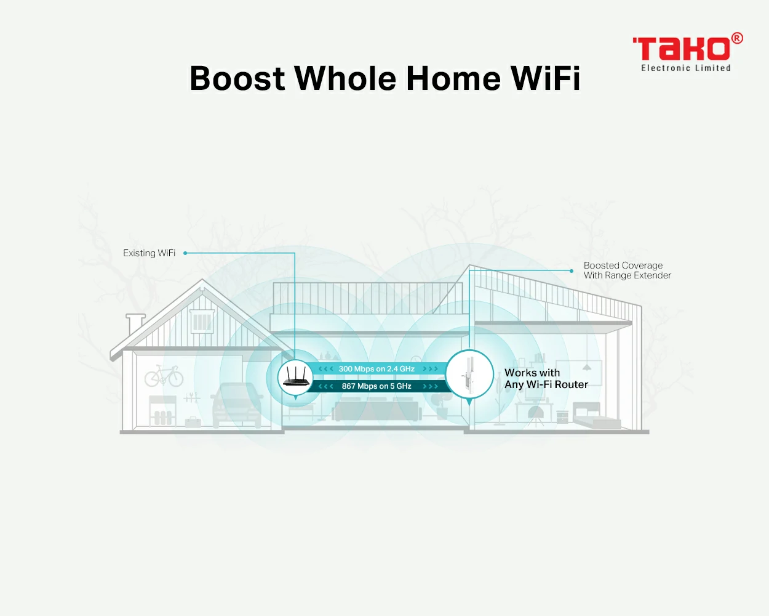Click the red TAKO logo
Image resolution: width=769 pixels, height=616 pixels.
[x=682, y=48]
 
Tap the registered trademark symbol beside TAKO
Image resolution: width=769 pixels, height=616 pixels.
[x=737, y=38]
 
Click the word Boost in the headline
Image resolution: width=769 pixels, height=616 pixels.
[x=237, y=78]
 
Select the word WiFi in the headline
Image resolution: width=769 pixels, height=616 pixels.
[x=545, y=78]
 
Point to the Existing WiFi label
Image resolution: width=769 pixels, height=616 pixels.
[x=149, y=253]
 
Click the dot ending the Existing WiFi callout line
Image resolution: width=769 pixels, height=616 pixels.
[x=185, y=253]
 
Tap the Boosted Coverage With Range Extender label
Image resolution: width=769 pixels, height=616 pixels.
[x=627, y=270]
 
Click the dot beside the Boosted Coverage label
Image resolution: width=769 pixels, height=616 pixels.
[x=572, y=271]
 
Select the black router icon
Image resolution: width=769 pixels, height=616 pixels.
[x=296, y=377]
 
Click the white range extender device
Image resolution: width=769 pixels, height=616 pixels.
[x=469, y=375]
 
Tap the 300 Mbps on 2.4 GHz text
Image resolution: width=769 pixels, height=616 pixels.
[x=377, y=368]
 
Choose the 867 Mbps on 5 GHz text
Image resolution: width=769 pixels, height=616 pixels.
[x=377, y=386]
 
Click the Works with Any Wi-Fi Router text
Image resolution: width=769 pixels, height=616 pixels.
[x=546, y=378]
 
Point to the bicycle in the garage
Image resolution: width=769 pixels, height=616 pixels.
[x=164, y=376]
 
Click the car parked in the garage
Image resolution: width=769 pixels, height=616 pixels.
[x=237, y=405]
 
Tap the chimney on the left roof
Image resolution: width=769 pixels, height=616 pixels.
[x=135, y=325]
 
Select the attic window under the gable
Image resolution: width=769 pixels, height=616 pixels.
[x=202, y=321]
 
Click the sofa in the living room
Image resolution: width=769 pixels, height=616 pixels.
[x=377, y=411]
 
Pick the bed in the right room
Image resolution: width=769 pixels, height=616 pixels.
[x=596, y=415]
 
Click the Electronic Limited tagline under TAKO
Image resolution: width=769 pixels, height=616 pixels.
[x=686, y=68]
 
